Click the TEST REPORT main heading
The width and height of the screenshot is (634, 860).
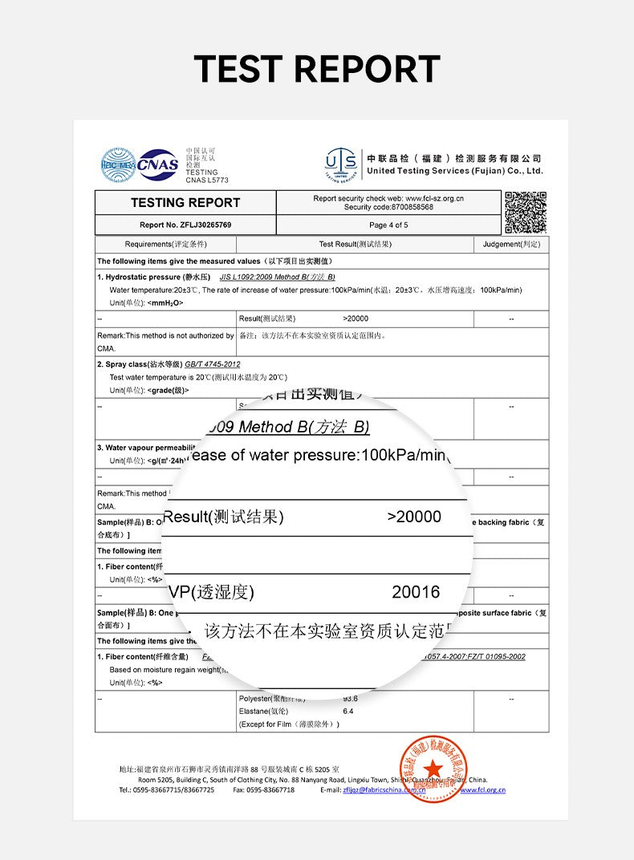(x=317, y=69)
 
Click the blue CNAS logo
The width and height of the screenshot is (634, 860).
(x=157, y=164)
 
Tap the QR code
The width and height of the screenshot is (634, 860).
(x=526, y=212)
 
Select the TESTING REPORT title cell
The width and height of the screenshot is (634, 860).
(x=185, y=203)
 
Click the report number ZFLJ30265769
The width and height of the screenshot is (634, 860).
(x=185, y=225)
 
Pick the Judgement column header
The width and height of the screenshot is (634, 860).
(x=511, y=244)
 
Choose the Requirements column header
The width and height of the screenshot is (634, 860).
(x=165, y=244)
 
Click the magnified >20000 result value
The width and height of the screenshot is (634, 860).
(x=414, y=517)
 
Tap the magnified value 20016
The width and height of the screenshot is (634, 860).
(x=416, y=592)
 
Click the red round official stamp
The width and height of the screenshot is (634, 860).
(x=433, y=769)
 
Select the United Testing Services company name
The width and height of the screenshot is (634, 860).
(x=454, y=171)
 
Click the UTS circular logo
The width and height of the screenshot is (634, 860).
(x=341, y=164)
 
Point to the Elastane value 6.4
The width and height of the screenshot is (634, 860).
(x=348, y=711)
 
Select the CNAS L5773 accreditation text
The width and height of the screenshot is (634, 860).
(x=207, y=181)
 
